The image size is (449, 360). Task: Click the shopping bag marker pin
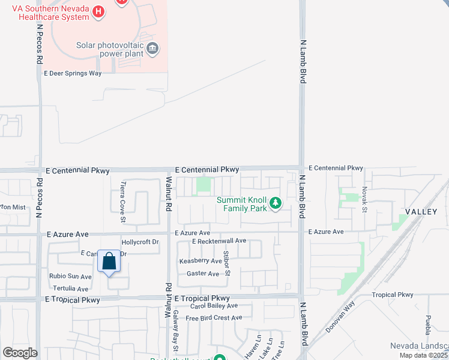click(x=109, y=262)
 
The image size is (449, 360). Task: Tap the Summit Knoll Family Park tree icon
click(x=276, y=204)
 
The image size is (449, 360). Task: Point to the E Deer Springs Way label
click(x=73, y=73)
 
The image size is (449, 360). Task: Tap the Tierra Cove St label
click(x=123, y=194)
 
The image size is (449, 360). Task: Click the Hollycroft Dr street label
click(x=140, y=242)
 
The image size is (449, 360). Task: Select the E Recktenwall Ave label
click(x=219, y=241)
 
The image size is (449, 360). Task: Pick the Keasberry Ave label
click(x=200, y=261)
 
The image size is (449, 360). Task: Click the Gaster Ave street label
click(x=203, y=274)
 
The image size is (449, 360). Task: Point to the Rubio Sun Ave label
click(x=70, y=277)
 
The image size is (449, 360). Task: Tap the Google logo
click(x=19, y=353)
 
